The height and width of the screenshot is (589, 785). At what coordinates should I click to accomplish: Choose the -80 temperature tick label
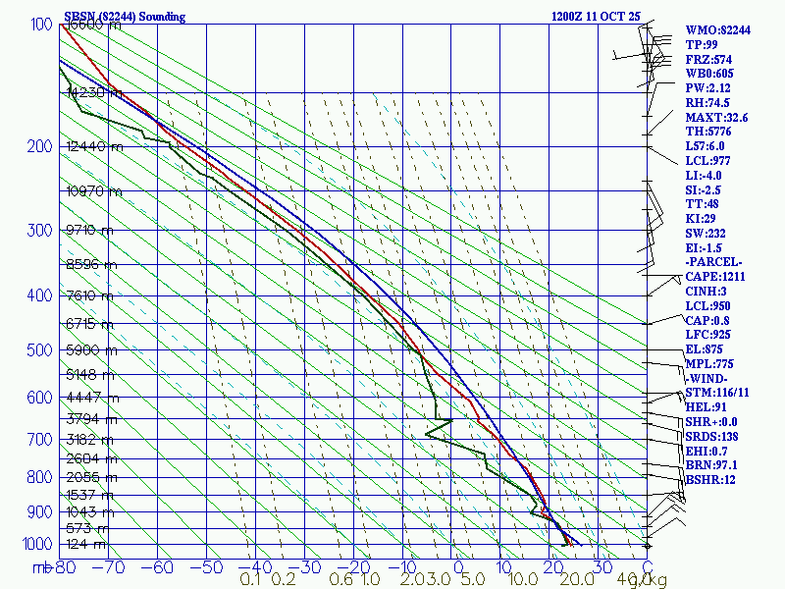[x=66, y=566]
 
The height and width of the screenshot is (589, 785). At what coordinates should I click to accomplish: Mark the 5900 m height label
[x=91, y=349]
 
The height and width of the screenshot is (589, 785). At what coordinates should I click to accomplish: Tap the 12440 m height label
[x=95, y=146]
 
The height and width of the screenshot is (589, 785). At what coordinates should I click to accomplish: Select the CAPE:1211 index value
[x=719, y=277]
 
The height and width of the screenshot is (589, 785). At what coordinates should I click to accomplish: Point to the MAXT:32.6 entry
[x=716, y=118]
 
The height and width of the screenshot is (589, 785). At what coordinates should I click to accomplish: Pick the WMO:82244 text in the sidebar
[x=717, y=30]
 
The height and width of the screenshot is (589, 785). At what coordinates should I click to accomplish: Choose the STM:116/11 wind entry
[x=716, y=393]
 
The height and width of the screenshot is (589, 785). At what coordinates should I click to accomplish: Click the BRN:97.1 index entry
[x=711, y=465]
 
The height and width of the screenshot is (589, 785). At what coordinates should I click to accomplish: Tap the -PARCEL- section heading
[x=714, y=262]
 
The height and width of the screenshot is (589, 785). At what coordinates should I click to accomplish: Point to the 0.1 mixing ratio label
[x=250, y=580]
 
